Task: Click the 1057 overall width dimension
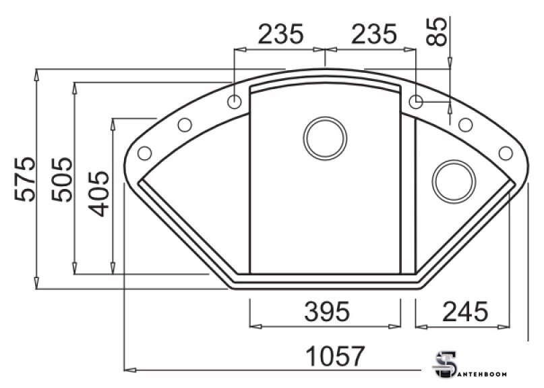tap(335, 356)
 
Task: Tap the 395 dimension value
tap(327, 311)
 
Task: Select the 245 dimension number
tap(465, 311)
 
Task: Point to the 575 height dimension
tap(25, 179)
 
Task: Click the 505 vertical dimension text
tap(62, 179)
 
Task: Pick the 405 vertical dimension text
tap(98, 194)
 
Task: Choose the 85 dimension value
tap(437, 31)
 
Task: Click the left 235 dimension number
tap(280, 34)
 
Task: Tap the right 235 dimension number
tap(373, 34)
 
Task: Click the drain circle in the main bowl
tap(325, 138)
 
